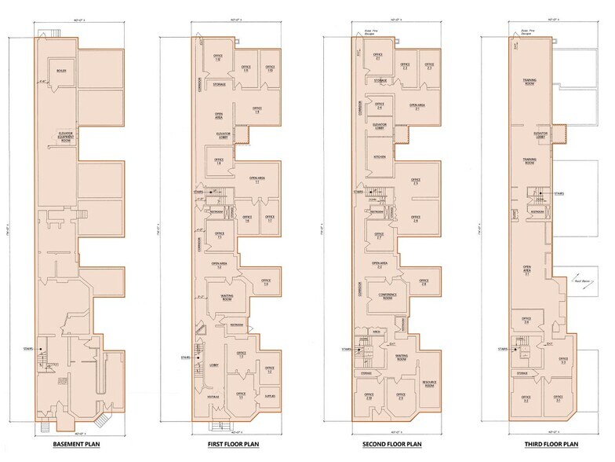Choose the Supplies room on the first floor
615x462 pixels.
pos(269,397)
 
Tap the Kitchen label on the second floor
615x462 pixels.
pos(380,157)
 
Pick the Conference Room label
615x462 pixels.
pos(382,296)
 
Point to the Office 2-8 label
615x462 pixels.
pos(424,282)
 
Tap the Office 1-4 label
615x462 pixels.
pos(267,282)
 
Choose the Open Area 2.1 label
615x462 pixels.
pos(417,107)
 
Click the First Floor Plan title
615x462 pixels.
pos(233,445)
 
